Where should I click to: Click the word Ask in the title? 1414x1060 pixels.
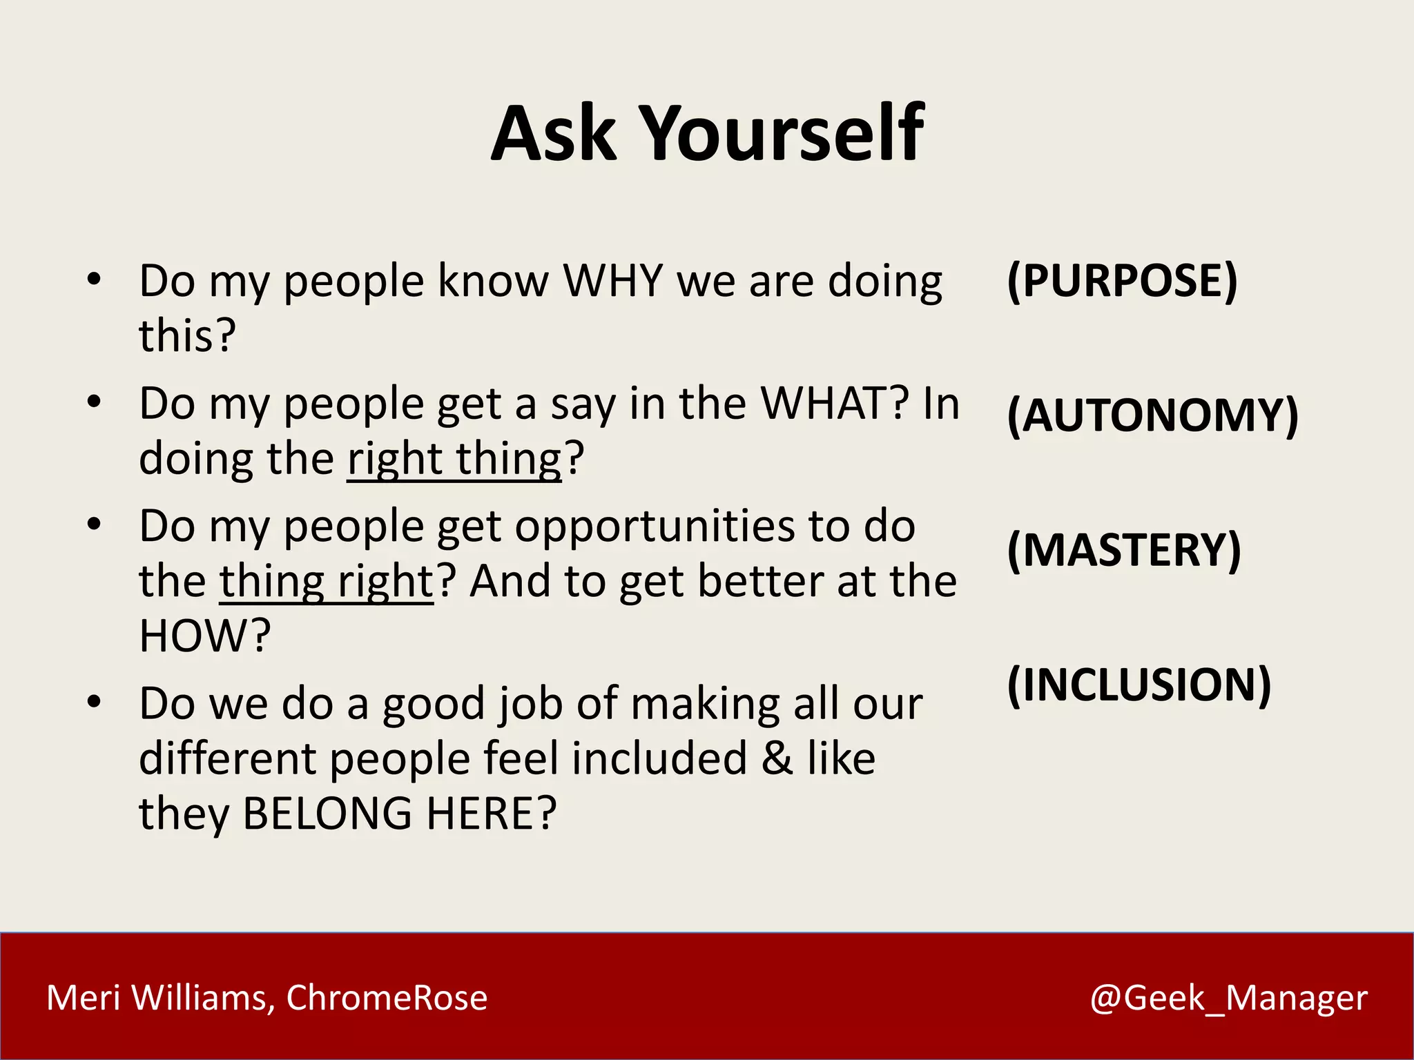pos(553,134)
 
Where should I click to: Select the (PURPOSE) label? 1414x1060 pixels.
pos(1122,281)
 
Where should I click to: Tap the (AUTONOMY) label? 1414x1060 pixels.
pos(1152,416)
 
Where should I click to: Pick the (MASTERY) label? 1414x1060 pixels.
pos(1123,550)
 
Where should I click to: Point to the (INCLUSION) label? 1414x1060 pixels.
pos(1139,685)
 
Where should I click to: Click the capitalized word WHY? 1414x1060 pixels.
pos(613,281)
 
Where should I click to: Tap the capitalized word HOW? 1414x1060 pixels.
pos(204,636)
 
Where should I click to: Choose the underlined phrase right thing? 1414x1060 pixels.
pos(455,459)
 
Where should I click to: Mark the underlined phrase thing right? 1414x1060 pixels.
pos(326,582)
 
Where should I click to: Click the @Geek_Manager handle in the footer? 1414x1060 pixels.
pos(1228,998)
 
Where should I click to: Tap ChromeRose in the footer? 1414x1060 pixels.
pos(387,998)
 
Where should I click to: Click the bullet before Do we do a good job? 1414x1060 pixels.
pos(94,703)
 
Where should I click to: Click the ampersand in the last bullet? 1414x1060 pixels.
pos(777,758)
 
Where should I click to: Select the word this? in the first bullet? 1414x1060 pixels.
pos(187,336)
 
